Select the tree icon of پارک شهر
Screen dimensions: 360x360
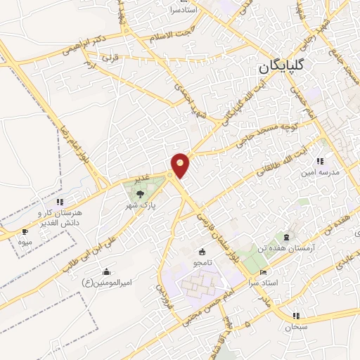coord(141,193)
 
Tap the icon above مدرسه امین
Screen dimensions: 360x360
coord(320,161)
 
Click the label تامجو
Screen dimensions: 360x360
coord(202,262)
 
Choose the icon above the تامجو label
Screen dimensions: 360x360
coord(202,252)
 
